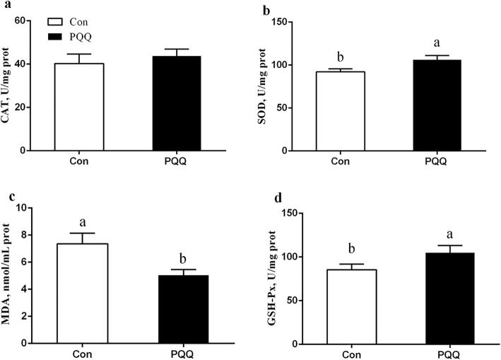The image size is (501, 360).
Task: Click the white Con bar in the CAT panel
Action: (x=81, y=107)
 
